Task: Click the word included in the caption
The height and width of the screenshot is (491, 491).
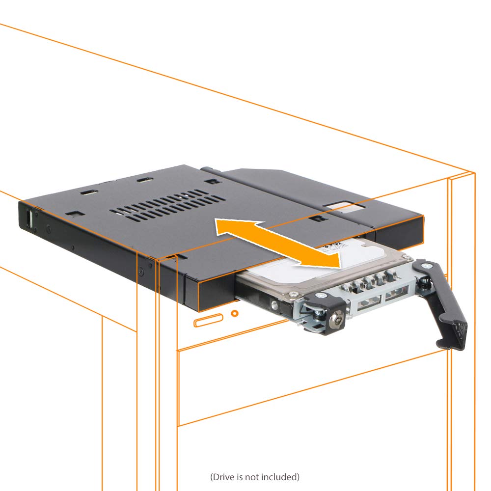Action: click(278, 477)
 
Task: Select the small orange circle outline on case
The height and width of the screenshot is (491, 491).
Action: click(235, 313)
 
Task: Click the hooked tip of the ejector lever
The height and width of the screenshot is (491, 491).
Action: click(454, 339)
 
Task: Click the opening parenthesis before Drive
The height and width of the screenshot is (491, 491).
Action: click(212, 477)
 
